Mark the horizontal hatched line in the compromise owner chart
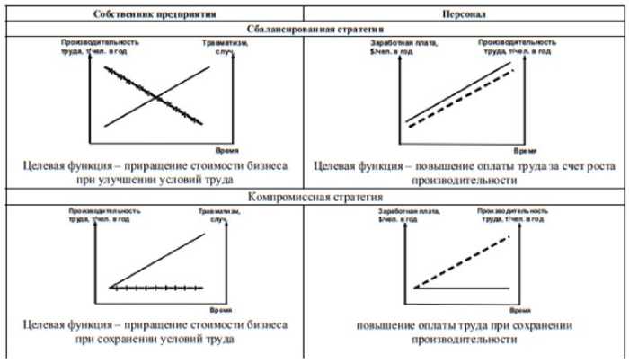[x=157, y=288]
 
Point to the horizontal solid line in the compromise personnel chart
[x=467, y=288]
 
